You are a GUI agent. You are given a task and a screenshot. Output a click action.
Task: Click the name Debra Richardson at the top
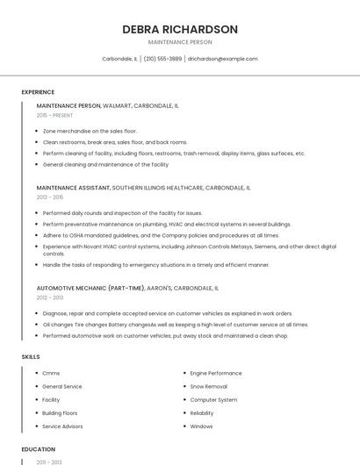pyautogui.click(x=180, y=29)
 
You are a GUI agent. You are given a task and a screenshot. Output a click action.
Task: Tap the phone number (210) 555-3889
pyautogui.click(x=162, y=59)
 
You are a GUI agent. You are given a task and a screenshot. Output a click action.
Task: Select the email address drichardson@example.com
pyautogui.click(x=223, y=59)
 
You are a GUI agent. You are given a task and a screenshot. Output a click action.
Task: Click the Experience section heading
pyautogui.click(x=38, y=92)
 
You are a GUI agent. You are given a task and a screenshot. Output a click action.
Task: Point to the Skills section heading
pyautogui.click(x=31, y=357)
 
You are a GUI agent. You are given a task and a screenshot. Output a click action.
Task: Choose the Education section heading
pyautogui.click(x=38, y=449)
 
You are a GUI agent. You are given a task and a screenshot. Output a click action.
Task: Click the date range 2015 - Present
pyautogui.click(x=54, y=115)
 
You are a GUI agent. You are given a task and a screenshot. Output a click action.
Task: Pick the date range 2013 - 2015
pyautogui.click(x=50, y=197)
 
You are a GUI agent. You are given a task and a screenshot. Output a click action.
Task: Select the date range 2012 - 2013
pyautogui.click(x=50, y=297)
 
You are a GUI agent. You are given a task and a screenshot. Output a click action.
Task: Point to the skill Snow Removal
pyautogui.click(x=208, y=386)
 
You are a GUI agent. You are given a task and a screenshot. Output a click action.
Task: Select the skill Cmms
pyautogui.click(x=51, y=373)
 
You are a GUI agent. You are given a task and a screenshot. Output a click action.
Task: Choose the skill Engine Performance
pyautogui.click(x=215, y=373)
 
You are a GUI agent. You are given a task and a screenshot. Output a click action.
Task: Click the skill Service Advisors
pyautogui.click(x=62, y=426)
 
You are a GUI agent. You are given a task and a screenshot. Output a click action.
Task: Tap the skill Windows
pyautogui.click(x=201, y=426)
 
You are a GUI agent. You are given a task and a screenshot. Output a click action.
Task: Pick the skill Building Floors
pyautogui.click(x=60, y=412)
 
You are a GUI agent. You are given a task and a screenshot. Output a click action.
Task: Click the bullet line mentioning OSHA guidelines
pyautogui.click(x=161, y=235)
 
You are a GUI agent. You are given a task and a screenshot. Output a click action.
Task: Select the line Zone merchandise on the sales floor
pyautogui.click(x=90, y=131)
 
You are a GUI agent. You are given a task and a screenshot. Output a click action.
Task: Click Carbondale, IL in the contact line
pyautogui.click(x=119, y=59)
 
